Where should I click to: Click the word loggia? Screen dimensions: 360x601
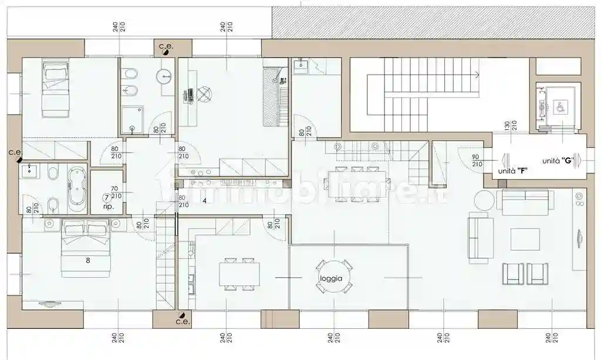331,278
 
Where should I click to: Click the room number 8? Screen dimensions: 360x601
87,261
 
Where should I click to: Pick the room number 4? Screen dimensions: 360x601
204,201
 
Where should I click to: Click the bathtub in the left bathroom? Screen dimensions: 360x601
77,189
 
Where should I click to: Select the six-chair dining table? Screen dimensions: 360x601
353,184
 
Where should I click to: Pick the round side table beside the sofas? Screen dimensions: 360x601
484,200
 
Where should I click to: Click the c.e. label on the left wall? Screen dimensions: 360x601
15,152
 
